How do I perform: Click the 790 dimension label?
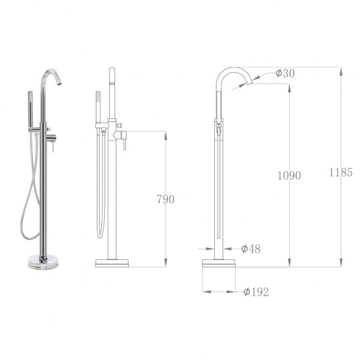coord(165,199)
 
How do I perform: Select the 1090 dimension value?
coord(289,175)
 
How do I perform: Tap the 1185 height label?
coord(340,172)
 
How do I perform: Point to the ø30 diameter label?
coord(285,73)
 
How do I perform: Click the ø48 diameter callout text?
coord(250,248)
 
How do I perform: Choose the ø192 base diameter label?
coord(256,292)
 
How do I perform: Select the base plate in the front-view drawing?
coord(113,263)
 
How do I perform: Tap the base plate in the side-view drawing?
coord(218,263)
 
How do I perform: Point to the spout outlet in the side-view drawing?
coord(247,84)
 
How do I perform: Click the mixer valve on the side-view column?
coord(219,128)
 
